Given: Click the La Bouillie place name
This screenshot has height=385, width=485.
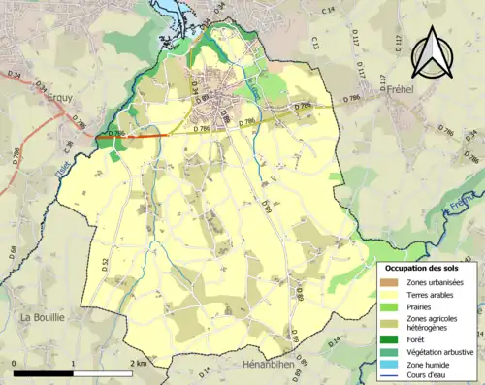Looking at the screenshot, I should pyautogui.click(x=42, y=316).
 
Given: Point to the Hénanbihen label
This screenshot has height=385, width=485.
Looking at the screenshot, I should pyautogui.click(x=275, y=366).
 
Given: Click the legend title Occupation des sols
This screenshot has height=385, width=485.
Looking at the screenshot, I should pyautogui.click(x=423, y=267).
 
